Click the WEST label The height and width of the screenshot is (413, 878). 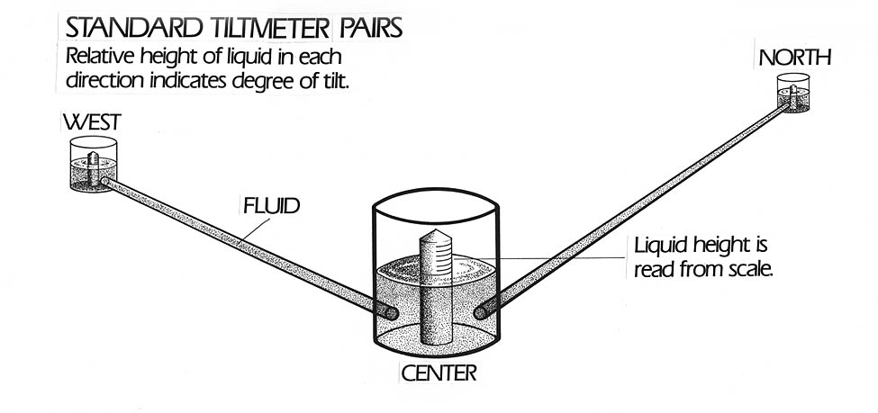[89, 122]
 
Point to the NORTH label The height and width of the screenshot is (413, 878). [794, 59]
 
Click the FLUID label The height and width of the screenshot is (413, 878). [271, 205]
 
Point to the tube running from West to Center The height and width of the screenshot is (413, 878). [243, 244]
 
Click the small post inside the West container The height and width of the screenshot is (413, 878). [93, 163]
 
